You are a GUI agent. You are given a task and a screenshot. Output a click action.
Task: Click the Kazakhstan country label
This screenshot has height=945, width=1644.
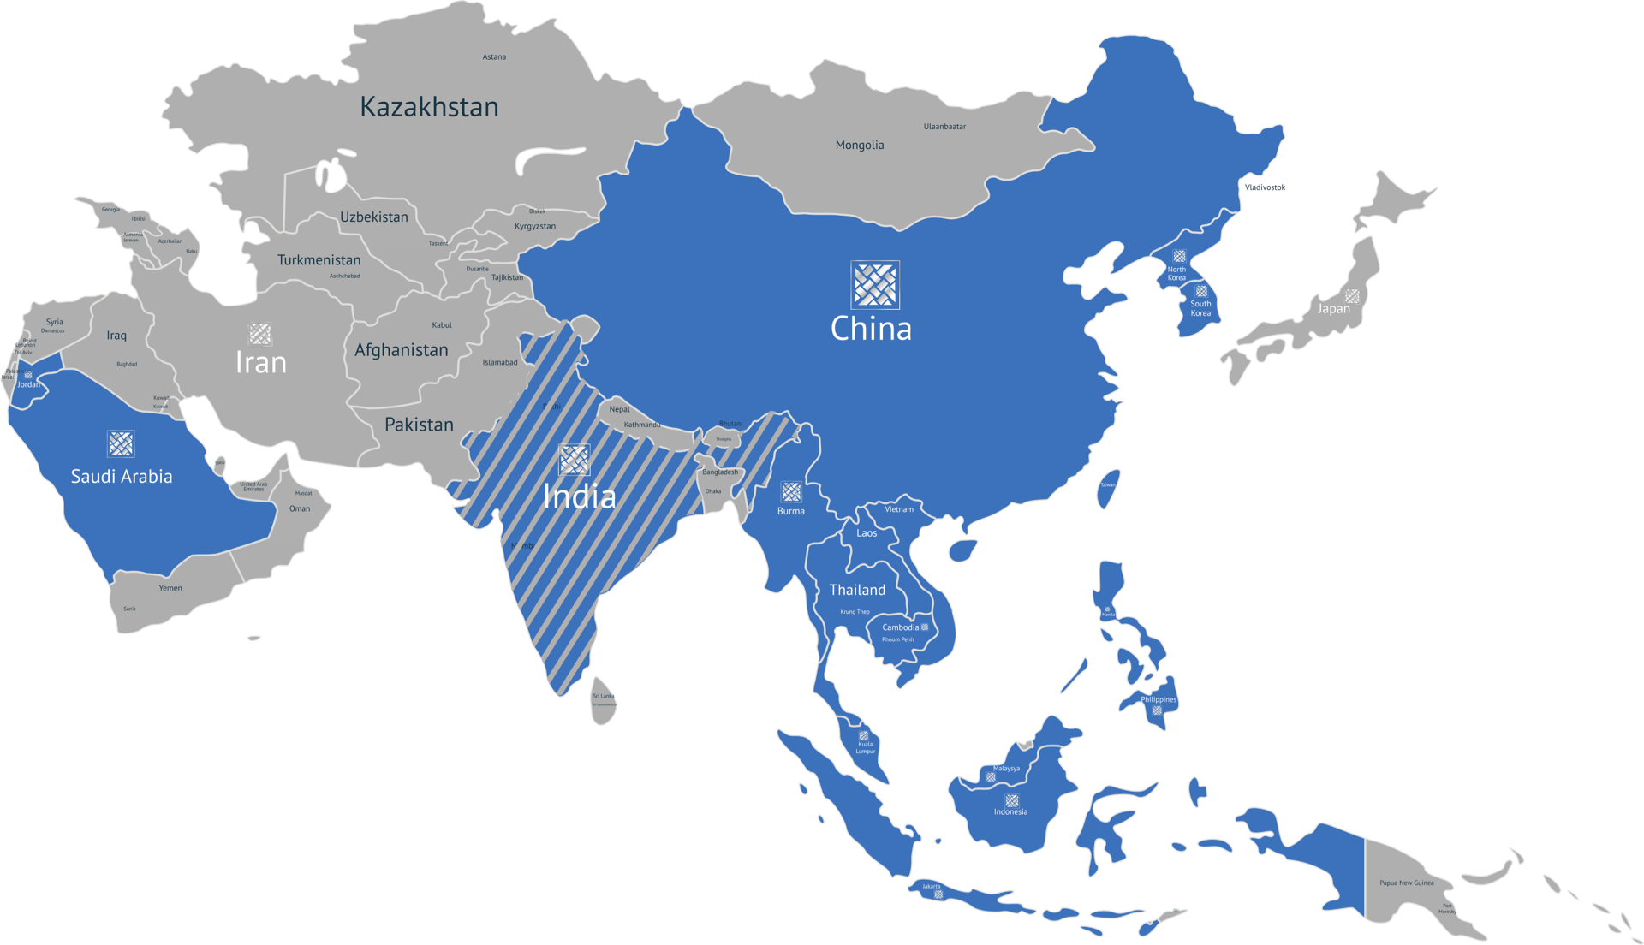[429, 107]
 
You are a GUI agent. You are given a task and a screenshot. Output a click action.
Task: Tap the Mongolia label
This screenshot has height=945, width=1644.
[860, 146]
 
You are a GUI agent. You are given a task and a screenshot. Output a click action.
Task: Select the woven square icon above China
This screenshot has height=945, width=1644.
[875, 284]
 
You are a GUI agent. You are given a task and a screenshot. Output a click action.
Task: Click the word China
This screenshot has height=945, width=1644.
[871, 329]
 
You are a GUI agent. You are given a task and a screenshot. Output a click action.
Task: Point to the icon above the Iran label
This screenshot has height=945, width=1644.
[260, 334]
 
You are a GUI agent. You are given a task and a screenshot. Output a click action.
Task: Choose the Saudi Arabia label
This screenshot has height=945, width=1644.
[122, 477]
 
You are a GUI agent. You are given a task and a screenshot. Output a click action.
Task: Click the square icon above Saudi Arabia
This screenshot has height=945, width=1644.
[121, 443]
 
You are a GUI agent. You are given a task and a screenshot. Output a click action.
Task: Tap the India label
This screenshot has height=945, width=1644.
[580, 497]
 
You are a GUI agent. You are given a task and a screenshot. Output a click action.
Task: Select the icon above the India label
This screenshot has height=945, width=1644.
[574, 460]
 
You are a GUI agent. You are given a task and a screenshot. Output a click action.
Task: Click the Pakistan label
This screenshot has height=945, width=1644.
[419, 425]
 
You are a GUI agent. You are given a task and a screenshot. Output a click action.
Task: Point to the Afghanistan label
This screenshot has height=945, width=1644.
[402, 350]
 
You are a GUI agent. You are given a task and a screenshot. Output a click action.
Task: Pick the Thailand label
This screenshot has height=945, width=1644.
[857, 590]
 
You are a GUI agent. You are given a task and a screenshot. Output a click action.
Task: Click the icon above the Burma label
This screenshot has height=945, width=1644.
[791, 491]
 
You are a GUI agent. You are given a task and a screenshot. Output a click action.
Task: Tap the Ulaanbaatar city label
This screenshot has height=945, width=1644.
[944, 127]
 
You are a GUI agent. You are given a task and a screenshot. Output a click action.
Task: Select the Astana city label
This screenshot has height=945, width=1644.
[494, 57]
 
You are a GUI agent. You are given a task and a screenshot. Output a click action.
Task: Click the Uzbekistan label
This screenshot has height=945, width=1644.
[374, 217]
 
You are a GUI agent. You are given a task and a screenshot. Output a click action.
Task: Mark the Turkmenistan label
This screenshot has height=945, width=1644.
[319, 260]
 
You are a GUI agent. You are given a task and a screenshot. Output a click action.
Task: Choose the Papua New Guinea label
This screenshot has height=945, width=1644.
[1406, 883]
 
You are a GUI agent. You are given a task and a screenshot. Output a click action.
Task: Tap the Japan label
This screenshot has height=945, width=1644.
[1332, 309]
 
